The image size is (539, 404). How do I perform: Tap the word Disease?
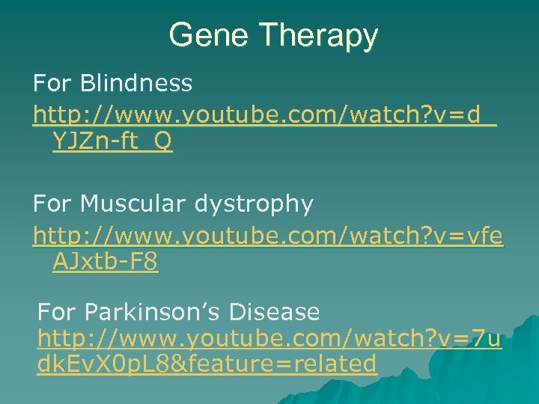276,310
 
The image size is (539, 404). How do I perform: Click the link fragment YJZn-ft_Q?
113,142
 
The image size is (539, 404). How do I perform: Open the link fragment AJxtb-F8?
106,262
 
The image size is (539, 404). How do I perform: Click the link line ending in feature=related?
207,364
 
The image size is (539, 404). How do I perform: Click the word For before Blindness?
50,83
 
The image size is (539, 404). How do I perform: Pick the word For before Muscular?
50,203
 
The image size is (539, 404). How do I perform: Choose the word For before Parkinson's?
55,310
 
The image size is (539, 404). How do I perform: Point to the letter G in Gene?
180,35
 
